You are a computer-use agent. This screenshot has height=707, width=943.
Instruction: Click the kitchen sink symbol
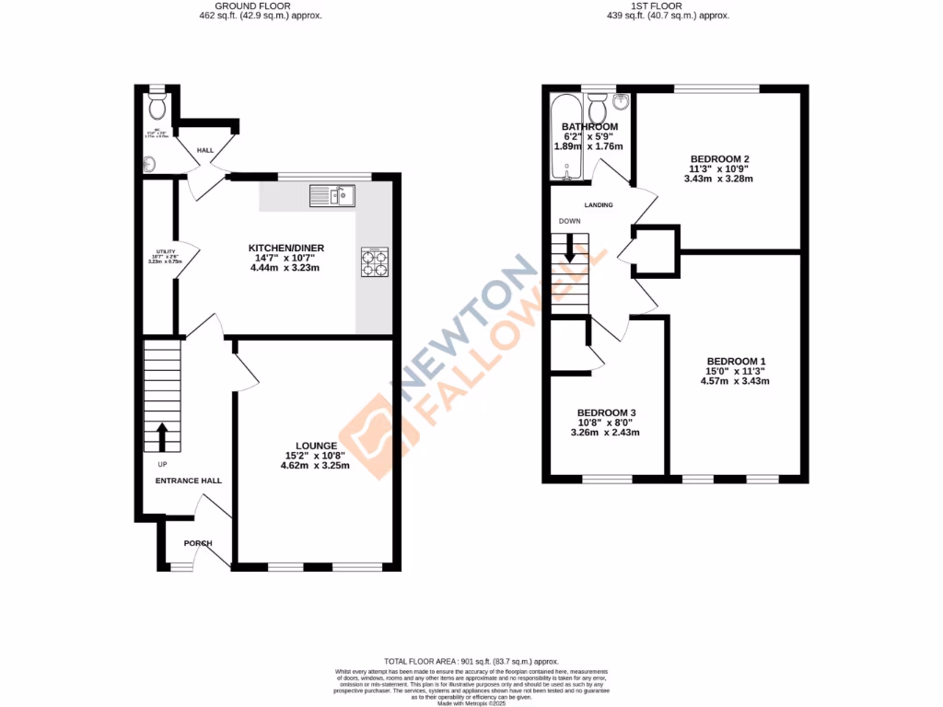click(332, 195)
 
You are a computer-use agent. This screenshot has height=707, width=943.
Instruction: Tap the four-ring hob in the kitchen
click(376, 261)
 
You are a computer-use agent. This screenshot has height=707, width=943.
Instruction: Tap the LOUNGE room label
click(316, 446)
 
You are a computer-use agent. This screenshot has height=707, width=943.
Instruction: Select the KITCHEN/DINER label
click(286, 249)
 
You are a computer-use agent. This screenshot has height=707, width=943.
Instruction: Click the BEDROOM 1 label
click(736, 361)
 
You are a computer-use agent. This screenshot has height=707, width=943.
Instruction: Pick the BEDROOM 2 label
click(719, 158)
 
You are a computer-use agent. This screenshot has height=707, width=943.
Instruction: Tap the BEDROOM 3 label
click(606, 412)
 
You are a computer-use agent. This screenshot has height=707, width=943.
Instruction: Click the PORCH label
click(197, 543)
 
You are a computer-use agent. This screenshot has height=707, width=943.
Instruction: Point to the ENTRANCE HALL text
click(188, 481)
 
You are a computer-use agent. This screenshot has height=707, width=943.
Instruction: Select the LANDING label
click(599, 204)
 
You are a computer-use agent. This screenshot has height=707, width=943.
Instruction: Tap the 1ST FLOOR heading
click(657, 6)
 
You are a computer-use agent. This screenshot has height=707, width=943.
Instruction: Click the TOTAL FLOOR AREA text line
click(471, 661)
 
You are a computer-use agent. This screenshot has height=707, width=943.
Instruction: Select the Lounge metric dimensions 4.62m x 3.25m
click(316, 466)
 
